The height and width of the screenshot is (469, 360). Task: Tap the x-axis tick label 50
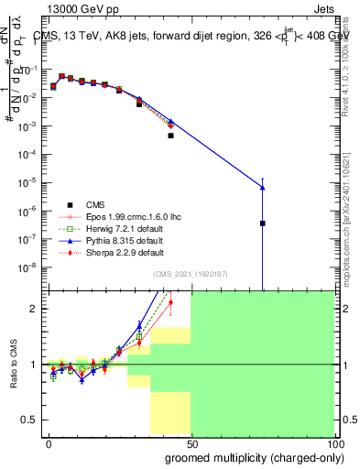click(x=191, y=442)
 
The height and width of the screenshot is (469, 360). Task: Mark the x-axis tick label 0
click(x=48, y=442)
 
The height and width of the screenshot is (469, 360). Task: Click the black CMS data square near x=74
click(x=262, y=223)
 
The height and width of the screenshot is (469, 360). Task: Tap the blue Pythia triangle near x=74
click(x=262, y=188)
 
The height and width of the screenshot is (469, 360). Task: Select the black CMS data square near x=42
click(x=170, y=136)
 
